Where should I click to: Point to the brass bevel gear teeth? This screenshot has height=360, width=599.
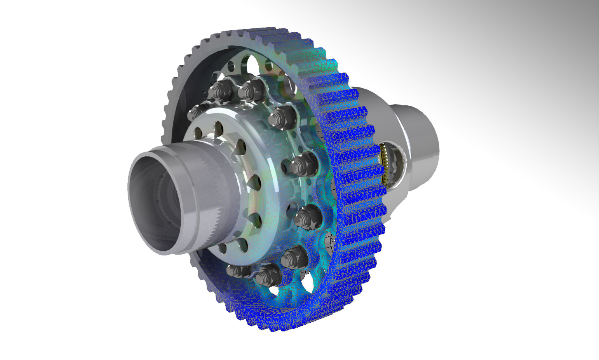tap(385, 163)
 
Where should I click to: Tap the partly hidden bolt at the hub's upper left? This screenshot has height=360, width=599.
tap(196, 111)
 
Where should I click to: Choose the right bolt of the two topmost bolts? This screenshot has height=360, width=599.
tap(251, 89)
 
